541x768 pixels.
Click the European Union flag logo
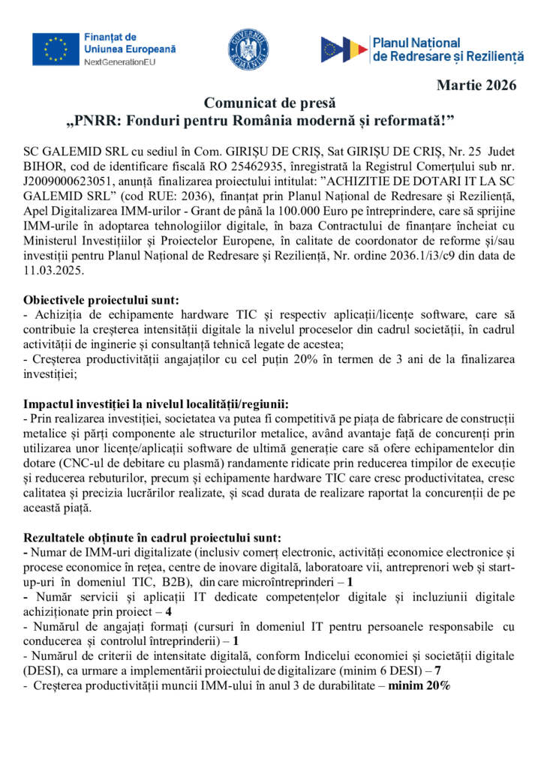tap(56, 49)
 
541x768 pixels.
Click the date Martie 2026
tap(476, 85)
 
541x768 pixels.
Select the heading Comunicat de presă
tap(270, 102)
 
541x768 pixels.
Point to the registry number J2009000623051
tap(71, 178)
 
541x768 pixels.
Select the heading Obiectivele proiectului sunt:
tap(101, 299)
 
